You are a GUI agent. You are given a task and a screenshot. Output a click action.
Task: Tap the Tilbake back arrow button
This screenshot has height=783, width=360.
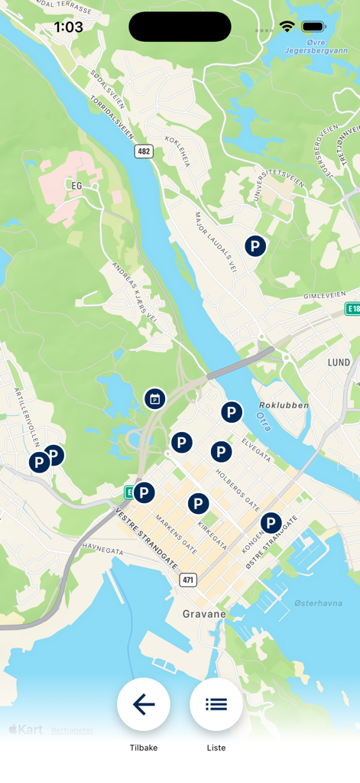144,704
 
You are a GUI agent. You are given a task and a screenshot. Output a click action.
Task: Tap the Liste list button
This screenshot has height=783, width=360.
216,704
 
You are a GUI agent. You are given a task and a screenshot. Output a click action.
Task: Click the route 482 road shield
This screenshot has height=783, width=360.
144,151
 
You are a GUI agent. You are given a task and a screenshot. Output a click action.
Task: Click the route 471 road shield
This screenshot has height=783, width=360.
189,580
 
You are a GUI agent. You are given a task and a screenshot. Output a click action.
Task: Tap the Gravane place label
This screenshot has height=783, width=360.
204,614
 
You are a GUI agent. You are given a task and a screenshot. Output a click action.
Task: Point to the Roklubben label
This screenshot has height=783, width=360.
284,405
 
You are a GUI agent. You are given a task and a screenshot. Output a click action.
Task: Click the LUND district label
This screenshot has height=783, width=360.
339,362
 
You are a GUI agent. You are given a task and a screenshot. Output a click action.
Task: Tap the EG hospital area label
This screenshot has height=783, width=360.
76,185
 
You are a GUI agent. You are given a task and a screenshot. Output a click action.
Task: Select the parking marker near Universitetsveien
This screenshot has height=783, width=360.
255,246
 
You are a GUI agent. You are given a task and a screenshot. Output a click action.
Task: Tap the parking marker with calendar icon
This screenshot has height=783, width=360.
154,398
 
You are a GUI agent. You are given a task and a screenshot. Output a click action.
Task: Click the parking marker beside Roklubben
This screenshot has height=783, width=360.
232,413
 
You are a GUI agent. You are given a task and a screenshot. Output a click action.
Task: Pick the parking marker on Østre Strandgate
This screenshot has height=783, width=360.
271,524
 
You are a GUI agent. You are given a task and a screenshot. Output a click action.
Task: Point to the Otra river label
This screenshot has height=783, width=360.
264,421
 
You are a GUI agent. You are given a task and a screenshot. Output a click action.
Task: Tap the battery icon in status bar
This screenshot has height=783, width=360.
313,27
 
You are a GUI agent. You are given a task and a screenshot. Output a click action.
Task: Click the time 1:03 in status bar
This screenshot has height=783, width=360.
68,27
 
